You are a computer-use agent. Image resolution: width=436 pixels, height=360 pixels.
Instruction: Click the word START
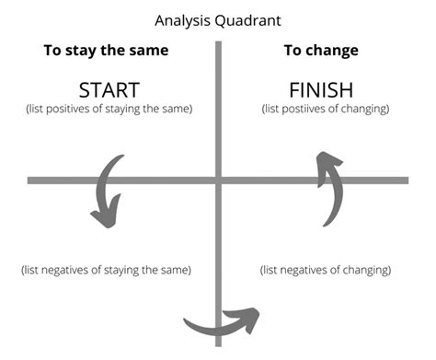[x=109, y=90]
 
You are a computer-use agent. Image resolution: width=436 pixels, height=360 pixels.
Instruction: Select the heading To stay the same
[x=107, y=50]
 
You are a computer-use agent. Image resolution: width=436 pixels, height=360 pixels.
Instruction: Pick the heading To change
[x=321, y=50]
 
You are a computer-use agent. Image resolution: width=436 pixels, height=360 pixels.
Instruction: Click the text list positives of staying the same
[x=108, y=110]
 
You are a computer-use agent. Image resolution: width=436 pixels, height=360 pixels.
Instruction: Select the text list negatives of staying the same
[x=107, y=270]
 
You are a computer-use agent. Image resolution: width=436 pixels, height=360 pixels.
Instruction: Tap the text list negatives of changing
[x=326, y=270]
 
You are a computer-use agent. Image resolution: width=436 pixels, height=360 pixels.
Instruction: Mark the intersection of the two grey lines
[x=219, y=179]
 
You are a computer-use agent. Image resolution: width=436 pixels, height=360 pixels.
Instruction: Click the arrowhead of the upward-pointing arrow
[x=327, y=164]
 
